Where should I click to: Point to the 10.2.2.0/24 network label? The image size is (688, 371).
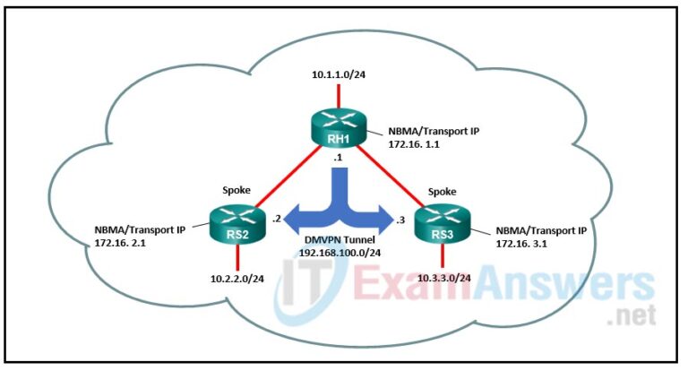237,279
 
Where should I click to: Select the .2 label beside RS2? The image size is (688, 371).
279,216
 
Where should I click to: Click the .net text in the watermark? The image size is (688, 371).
632,315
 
